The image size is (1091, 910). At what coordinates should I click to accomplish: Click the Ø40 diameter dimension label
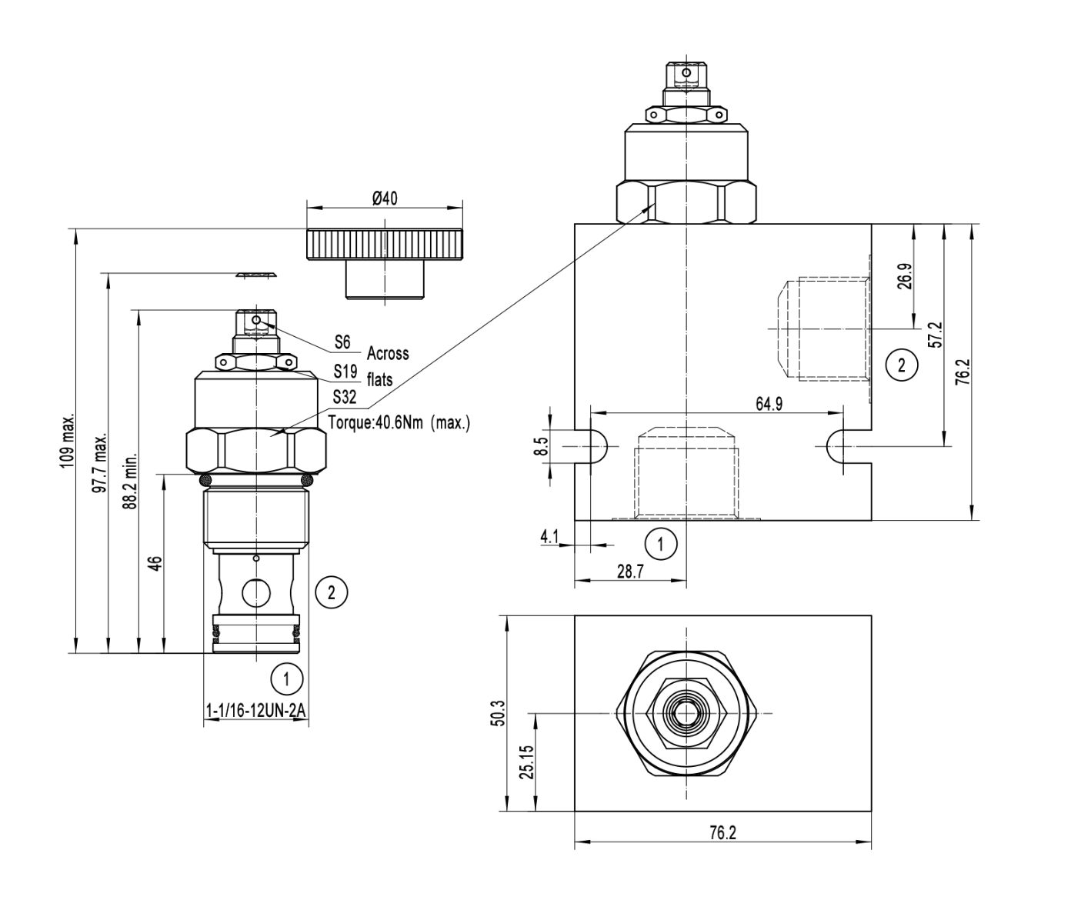tap(384, 198)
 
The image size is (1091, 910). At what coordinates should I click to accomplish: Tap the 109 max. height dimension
tap(68, 440)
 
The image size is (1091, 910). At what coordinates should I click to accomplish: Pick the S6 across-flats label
tap(342, 342)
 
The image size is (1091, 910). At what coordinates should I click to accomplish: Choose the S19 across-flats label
tap(345, 372)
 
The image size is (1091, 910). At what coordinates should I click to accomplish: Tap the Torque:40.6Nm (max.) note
tap(399, 422)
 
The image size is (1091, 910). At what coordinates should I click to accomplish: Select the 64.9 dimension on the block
tap(769, 404)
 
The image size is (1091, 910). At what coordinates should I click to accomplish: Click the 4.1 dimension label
tap(549, 536)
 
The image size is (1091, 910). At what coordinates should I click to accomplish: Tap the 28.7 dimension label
tap(629, 572)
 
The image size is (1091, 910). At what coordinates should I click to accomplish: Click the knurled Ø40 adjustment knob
tap(384, 245)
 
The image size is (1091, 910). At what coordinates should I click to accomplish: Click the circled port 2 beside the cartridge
tap(332, 592)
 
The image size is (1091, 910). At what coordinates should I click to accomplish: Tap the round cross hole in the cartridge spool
tap(255, 592)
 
